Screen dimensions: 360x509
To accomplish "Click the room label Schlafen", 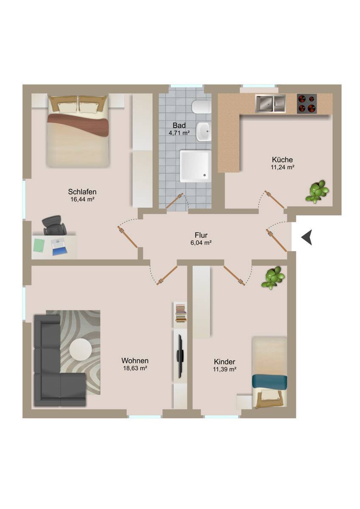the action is tap(82, 192).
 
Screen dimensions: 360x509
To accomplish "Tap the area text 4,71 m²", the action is tap(179, 133).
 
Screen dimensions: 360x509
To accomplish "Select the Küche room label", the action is tap(282, 159).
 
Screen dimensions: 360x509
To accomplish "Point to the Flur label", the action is tap(201, 235).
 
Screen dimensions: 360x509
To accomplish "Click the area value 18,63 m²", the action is tap(135, 368).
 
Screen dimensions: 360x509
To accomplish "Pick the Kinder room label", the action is tap(225, 361).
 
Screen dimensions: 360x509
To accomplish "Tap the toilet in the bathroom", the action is tap(201, 107).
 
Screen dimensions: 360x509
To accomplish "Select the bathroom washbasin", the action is tap(204, 131).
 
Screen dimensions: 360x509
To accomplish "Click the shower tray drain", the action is tap(205, 175).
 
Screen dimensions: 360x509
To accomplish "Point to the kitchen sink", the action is tap(270, 103).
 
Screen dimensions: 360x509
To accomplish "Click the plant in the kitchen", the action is tap(317, 191).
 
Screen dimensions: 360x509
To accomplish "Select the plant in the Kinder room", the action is tap(273, 278).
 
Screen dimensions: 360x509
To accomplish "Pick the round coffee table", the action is tap(81, 350).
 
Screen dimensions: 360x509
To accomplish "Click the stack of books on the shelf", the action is tap(181, 313).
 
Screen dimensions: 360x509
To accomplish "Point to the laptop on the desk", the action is tap(59, 246).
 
